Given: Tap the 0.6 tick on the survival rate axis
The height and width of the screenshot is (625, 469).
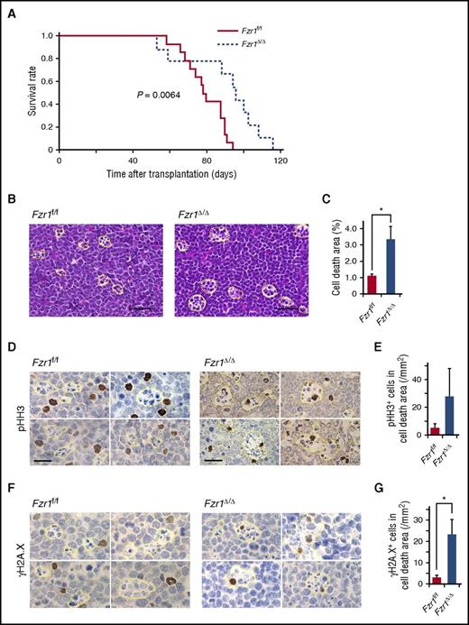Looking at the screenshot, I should (x=48, y=81).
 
